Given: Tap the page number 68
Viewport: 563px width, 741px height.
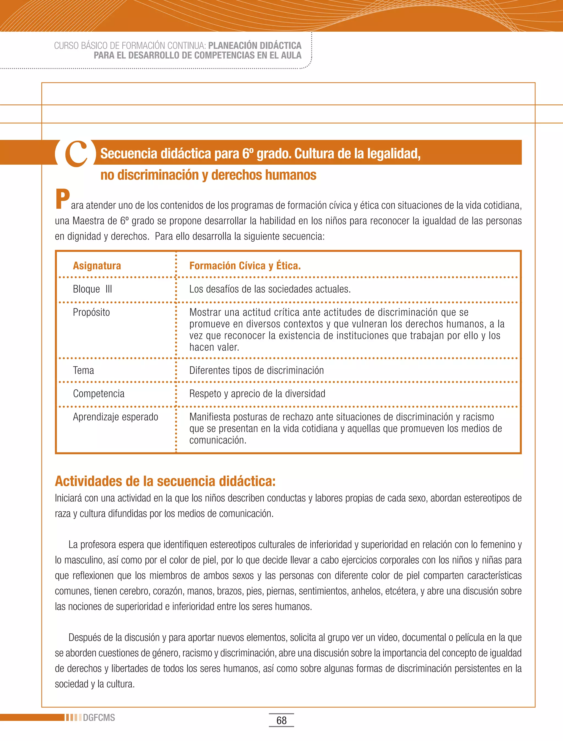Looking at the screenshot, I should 281,720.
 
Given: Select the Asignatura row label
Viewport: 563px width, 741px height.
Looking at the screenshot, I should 97,266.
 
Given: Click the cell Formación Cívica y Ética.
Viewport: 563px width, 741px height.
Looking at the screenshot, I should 245,266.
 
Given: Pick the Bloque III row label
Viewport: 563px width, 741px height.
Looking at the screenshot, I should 92,289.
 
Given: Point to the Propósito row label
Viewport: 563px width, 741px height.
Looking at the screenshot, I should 91,312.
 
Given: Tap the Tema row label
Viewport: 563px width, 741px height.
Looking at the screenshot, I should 84,370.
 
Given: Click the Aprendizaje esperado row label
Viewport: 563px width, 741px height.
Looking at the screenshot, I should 115,417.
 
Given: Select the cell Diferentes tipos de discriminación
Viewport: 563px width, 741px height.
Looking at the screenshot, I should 256,370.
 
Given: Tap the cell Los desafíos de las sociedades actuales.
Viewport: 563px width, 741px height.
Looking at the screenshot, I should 270,289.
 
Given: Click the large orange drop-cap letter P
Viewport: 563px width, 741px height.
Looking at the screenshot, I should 62,199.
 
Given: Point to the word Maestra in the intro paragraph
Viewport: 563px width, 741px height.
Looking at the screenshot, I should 89,221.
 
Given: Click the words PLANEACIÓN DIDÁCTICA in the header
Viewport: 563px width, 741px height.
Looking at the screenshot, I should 254,46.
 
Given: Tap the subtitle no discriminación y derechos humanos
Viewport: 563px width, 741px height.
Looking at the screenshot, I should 208,175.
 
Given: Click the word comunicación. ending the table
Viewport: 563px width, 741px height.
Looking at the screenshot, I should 217,440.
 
